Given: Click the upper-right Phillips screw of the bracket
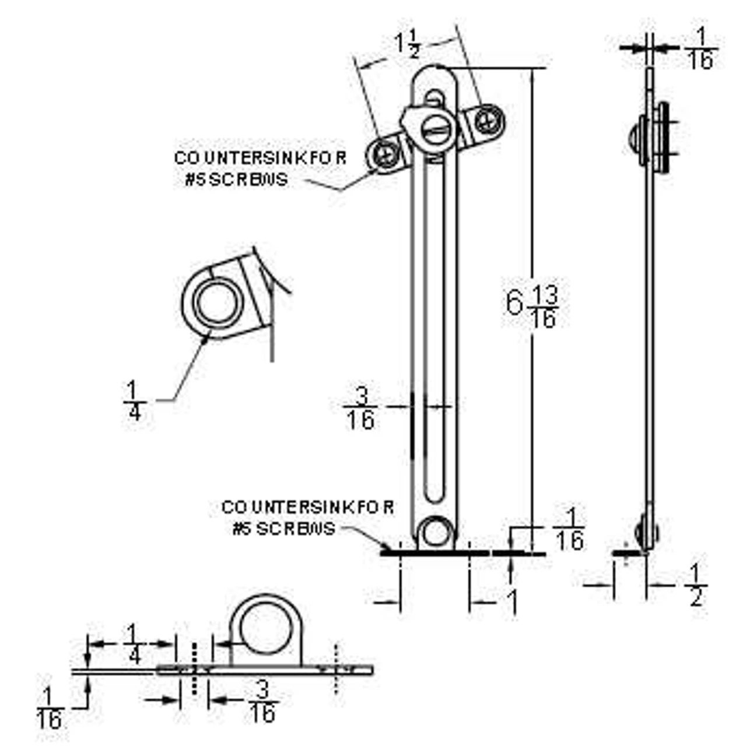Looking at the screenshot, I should pyautogui.click(x=486, y=121).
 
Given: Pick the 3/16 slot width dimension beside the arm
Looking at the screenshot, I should pyautogui.click(x=361, y=409).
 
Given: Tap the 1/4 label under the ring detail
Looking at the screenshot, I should pyautogui.click(x=134, y=401).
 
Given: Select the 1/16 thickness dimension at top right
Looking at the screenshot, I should pyautogui.click(x=700, y=50).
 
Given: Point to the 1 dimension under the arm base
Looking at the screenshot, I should pyautogui.click(x=512, y=603).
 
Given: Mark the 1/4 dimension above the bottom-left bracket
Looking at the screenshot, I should pyautogui.click(x=134, y=643).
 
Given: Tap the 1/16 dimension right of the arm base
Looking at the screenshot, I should pyautogui.click(x=569, y=530).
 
